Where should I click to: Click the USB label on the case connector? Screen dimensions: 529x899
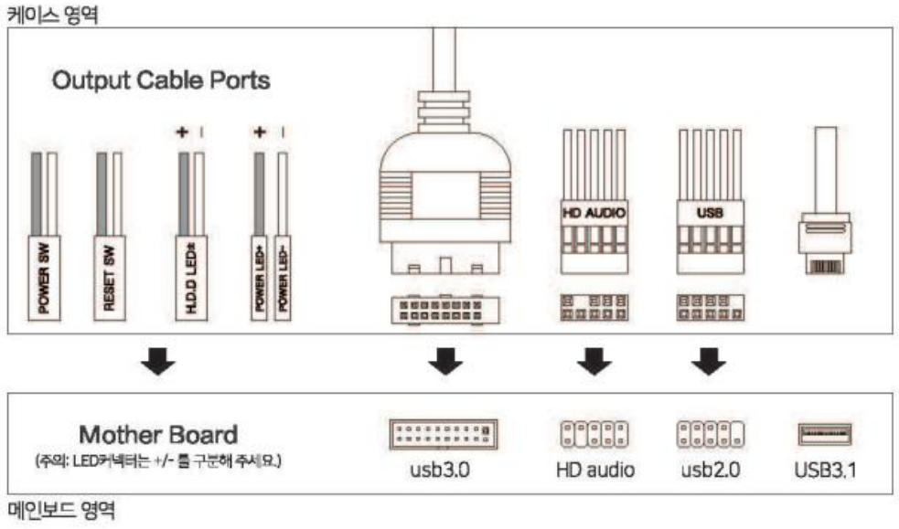(709, 213)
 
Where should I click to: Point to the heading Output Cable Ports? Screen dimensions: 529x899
(161, 80)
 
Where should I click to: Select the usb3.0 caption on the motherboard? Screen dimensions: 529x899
(444, 471)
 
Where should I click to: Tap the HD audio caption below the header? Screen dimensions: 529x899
(594, 471)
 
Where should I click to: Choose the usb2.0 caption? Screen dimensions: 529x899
(710, 471)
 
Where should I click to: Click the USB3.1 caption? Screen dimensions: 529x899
(825, 471)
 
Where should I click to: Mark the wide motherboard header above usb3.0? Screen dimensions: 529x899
(444, 432)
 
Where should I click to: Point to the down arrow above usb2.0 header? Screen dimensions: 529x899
(707, 363)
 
